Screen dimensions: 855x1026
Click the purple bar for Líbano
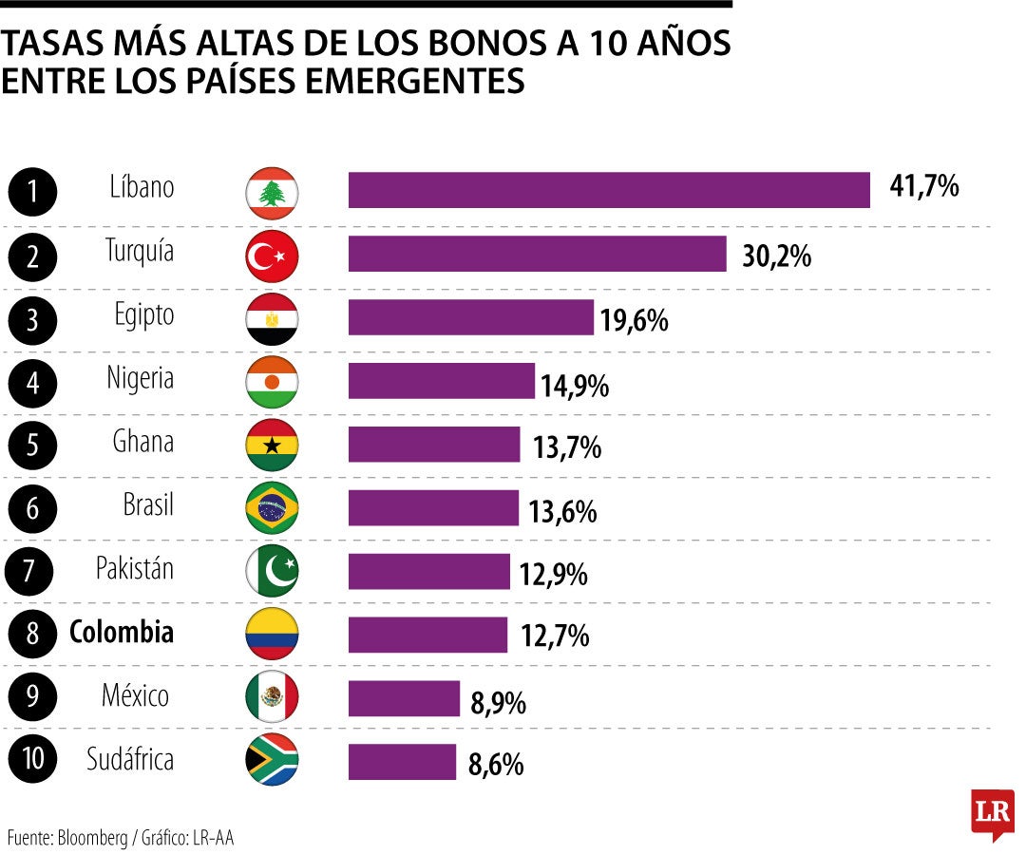[x=609, y=190]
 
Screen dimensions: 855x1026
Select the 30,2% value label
[x=776, y=256]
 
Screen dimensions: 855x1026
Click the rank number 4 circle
[x=32, y=385]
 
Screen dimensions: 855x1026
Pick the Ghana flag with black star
[x=272, y=445]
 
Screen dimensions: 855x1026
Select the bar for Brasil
[x=433, y=508]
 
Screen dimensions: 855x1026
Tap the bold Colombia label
[x=122, y=633]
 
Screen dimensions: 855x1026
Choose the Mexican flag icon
[x=272, y=698]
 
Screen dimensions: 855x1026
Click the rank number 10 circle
[x=32, y=760]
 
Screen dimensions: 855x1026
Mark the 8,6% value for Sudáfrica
[x=496, y=765]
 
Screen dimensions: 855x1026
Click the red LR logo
[x=992, y=813]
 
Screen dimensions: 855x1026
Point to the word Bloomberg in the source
[x=92, y=838]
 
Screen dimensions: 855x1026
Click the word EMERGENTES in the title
[x=413, y=81]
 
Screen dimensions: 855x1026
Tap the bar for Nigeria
[x=441, y=381]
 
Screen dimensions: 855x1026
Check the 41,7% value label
[x=923, y=187]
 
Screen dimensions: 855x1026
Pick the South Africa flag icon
[x=272, y=760]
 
